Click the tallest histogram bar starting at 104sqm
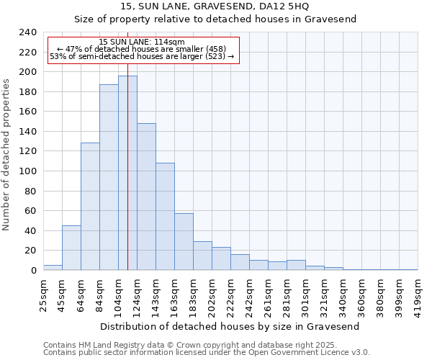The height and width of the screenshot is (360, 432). click(x=127, y=173)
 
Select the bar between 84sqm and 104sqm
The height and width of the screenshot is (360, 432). click(x=109, y=177)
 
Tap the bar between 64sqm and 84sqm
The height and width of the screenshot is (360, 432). click(x=90, y=207)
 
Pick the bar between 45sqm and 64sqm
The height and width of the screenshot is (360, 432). click(x=71, y=248)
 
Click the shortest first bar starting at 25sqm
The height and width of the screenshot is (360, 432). click(x=53, y=268)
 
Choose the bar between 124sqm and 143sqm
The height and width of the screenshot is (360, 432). click(x=146, y=197)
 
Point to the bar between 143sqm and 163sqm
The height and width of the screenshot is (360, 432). click(x=165, y=216)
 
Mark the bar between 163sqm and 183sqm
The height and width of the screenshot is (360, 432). click(x=184, y=242)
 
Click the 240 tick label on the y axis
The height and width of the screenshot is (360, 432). click(x=28, y=32)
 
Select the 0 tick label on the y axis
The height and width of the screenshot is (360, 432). click(x=34, y=270)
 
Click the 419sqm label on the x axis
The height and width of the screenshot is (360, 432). click(x=418, y=294)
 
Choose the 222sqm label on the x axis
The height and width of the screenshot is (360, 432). click(x=230, y=294)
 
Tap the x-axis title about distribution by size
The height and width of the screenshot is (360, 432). click(x=229, y=326)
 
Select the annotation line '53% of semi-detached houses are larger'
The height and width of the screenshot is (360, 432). click(x=142, y=56)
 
